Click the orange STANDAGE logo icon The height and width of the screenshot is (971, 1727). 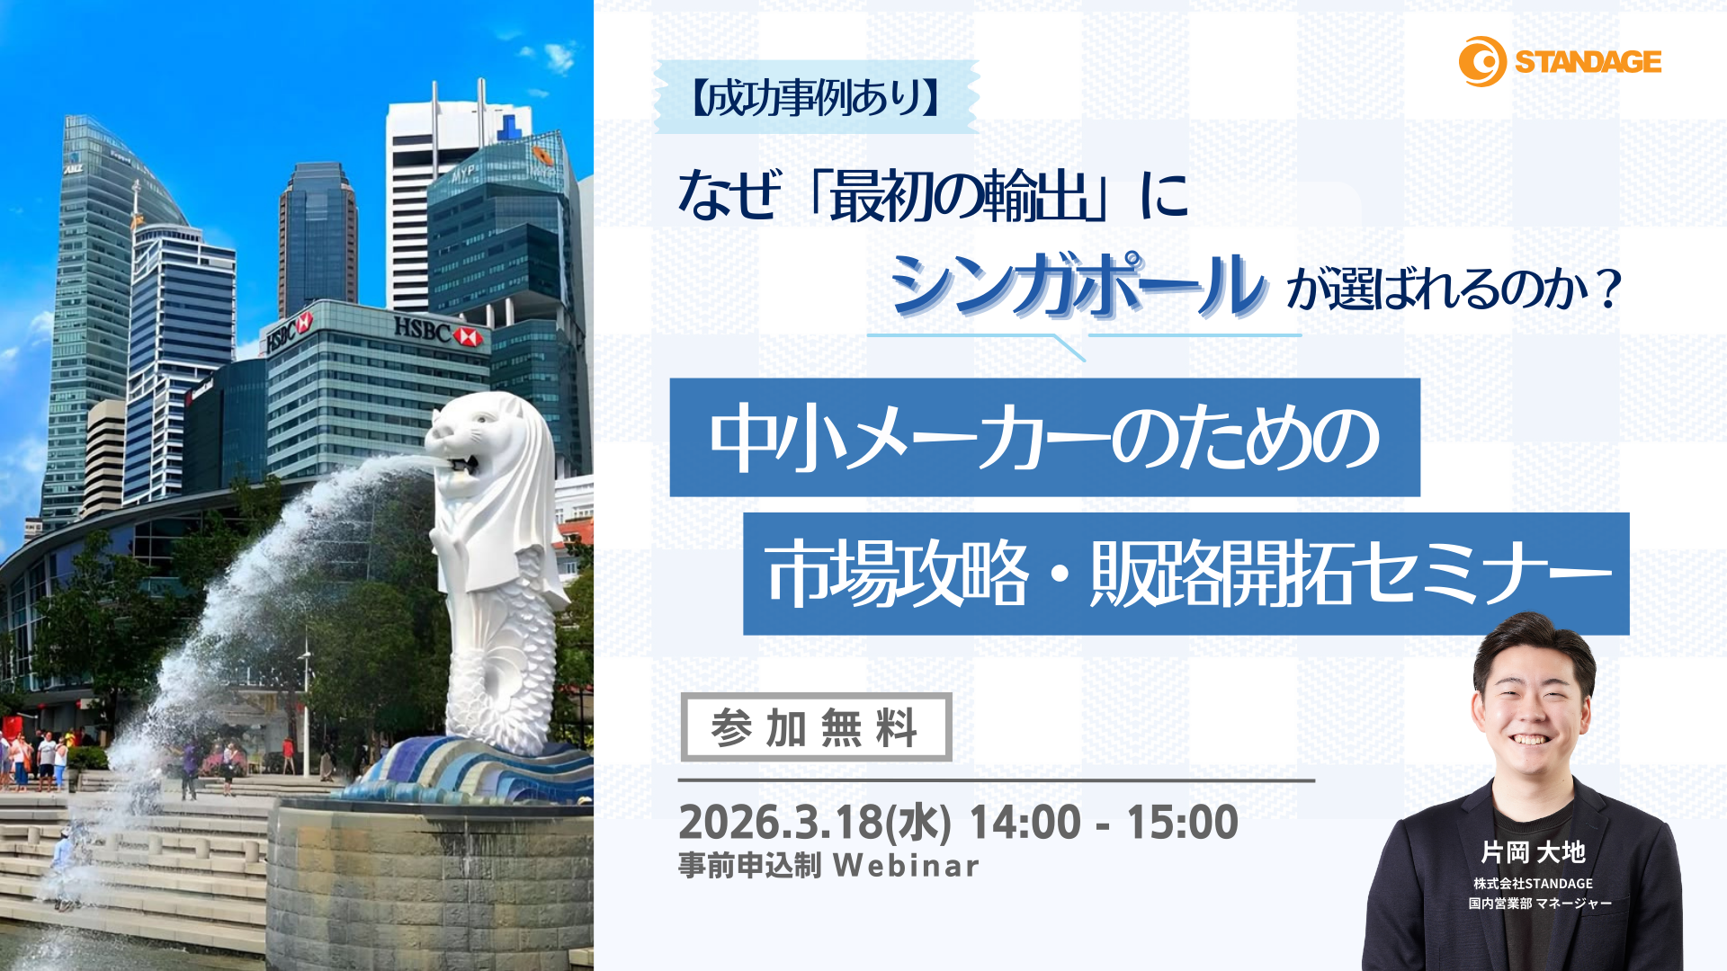[x=1481, y=61]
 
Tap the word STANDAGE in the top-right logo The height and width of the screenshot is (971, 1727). [x=1588, y=62]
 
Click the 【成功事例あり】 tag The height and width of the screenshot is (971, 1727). [x=816, y=97]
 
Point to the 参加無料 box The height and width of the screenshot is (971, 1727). [x=816, y=727]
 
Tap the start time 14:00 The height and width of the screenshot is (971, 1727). [x=1025, y=822]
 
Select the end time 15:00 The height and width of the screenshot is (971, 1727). [x=1182, y=822]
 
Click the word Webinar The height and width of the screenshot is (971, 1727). [x=906, y=865]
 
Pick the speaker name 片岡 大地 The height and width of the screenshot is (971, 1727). [x=1533, y=851]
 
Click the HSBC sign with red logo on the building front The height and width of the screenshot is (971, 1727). [x=438, y=332]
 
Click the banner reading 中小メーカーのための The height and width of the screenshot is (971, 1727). [x=1044, y=438]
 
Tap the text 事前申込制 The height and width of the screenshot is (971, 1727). [x=749, y=865]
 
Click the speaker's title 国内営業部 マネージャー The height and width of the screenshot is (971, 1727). [x=1539, y=903]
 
